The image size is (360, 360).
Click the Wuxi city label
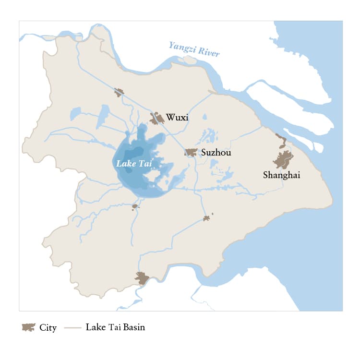click(177, 118)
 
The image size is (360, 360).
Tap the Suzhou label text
click(216, 153)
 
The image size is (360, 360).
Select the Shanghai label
click(281, 175)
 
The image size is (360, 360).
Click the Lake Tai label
click(134, 163)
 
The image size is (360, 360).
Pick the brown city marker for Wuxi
click(156, 118)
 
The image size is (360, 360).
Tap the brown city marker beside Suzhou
click(192, 153)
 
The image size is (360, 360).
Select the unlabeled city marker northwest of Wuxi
click(119, 92)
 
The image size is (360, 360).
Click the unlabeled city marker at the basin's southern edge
click(142, 278)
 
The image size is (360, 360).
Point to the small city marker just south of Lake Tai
click(135, 206)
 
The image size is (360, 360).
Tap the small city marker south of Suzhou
click(207, 218)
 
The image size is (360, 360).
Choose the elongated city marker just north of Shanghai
click(281, 141)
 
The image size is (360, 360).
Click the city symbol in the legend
click(28, 327)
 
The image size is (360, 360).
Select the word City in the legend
click(48, 328)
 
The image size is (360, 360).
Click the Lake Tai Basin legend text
click(115, 327)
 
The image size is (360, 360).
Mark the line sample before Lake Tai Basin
click(73, 328)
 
